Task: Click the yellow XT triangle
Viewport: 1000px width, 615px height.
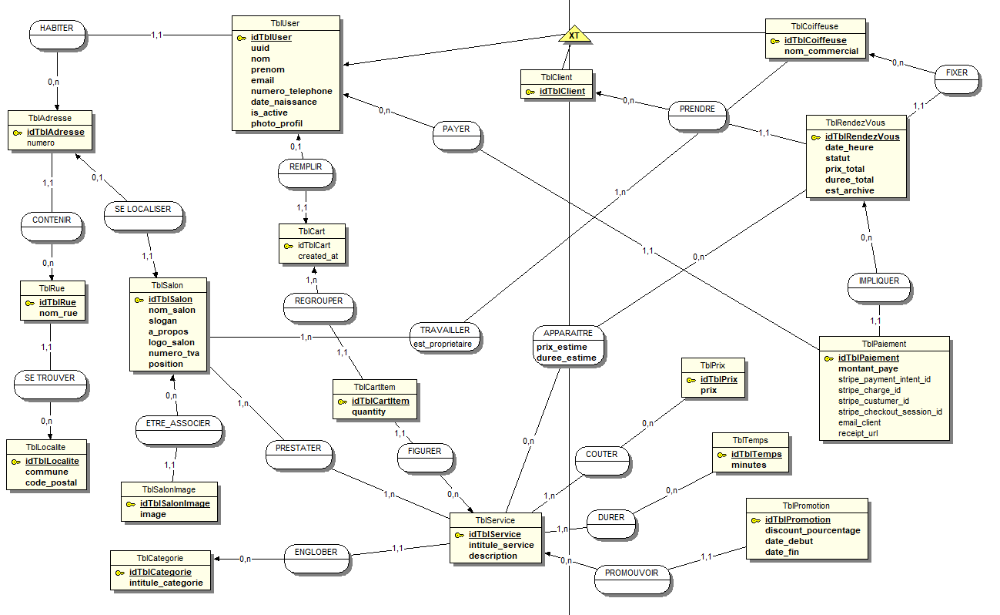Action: tap(574, 35)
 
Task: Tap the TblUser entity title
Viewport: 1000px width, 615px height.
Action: tap(286, 24)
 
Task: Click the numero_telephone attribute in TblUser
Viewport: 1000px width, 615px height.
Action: tap(291, 91)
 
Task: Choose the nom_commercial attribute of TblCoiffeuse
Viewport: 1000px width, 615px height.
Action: tap(821, 51)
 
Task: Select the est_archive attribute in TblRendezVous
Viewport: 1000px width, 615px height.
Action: tap(849, 190)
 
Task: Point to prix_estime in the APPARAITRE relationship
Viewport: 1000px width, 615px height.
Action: tap(561, 347)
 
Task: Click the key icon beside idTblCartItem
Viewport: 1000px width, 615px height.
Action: tap(343, 401)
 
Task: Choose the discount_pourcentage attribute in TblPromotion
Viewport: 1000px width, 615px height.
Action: tap(812, 530)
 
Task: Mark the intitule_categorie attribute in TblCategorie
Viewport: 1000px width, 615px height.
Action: tap(166, 583)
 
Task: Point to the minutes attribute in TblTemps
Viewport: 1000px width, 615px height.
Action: tap(748, 465)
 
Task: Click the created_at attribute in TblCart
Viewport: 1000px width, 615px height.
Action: tap(317, 256)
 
